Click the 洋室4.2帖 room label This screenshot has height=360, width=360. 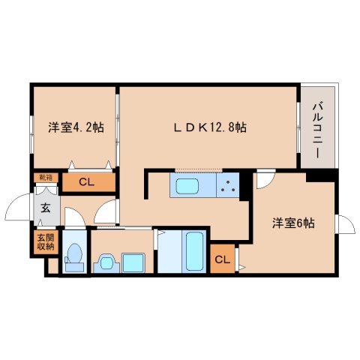click(76, 127)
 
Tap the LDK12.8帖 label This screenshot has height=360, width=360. click(207, 127)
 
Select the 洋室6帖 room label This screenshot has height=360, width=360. click(292, 223)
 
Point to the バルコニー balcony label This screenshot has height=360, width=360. click(318, 125)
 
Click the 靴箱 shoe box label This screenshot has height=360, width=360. click(46, 177)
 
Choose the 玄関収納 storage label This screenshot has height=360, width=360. click(46, 241)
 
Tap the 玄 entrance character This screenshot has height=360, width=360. click(46, 208)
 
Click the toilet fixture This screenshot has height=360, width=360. click(73, 256)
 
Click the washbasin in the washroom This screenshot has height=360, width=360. click(106, 262)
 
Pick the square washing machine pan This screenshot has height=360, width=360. click(134, 262)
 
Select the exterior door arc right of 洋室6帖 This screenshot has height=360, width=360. click(346, 224)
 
